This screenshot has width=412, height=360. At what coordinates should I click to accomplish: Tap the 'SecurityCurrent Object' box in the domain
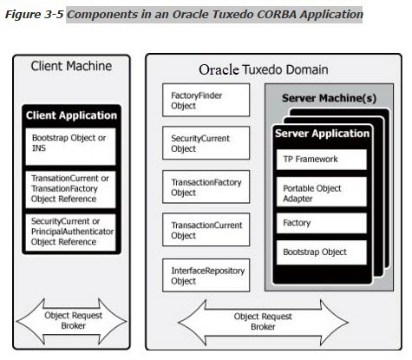(x=206, y=143)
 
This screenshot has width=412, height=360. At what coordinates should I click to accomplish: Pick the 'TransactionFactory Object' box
(x=206, y=187)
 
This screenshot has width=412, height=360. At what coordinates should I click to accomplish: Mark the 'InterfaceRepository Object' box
(x=206, y=276)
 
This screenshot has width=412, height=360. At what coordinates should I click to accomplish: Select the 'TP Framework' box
(x=318, y=160)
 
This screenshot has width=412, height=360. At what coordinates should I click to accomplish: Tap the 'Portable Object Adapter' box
(x=318, y=193)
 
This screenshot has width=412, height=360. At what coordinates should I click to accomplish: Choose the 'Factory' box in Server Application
(x=318, y=223)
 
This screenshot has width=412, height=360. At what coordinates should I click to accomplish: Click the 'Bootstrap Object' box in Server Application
(x=318, y=252)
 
